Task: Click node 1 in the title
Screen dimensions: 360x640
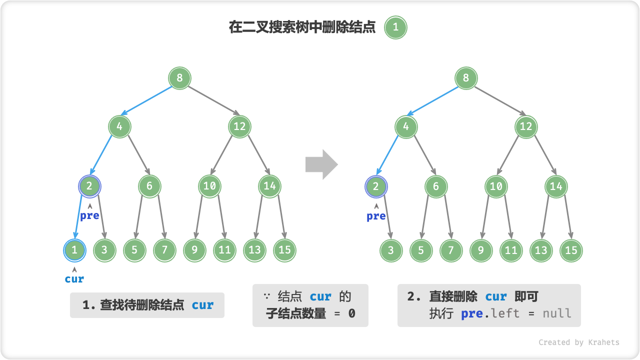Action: [x=395, y=27]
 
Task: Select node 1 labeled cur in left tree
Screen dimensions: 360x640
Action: [x=74, y=249]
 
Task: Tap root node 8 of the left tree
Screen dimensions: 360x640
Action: [x=179, y=78]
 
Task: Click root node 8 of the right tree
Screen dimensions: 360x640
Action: [x=466, y=78]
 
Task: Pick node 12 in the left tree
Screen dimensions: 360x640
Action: [x=239, y=126]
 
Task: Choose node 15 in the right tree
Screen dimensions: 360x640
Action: [x=571, y=250]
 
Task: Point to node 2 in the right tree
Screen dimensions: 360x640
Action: [x=376, y=186]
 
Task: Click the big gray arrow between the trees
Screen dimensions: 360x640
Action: [x=321, y=164]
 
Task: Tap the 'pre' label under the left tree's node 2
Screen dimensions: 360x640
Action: [x=89, y=216]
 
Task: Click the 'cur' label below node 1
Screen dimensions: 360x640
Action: [x=74, y=279]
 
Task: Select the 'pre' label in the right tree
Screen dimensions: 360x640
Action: [x=376, y=216]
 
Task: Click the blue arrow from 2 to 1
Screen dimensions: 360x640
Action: [x=78, y=217]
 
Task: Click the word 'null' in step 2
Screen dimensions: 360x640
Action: [x=557, y=313]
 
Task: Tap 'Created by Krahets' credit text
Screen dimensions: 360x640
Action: [x=578, y=342]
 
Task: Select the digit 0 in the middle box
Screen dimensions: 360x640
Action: [x=351, y=313]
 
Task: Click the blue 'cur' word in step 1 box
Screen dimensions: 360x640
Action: [x=202, y=305]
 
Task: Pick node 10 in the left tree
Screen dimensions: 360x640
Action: [x=209, y=186]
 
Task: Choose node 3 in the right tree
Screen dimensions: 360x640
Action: [x=391, y=250]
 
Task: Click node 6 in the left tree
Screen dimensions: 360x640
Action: [x=149, y=186]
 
